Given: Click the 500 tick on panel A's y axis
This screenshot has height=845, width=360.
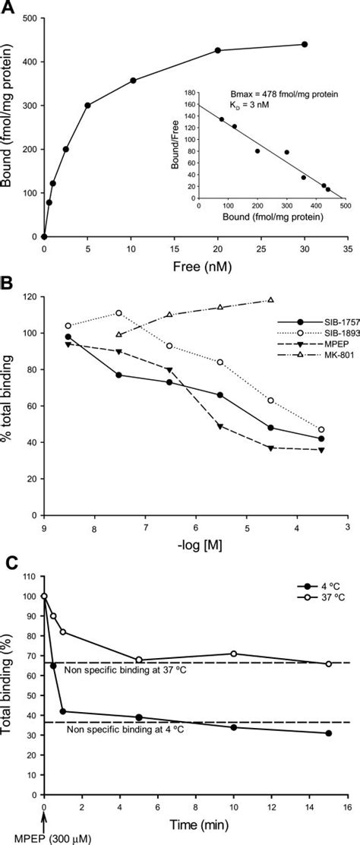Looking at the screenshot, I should tap(31, 17).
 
